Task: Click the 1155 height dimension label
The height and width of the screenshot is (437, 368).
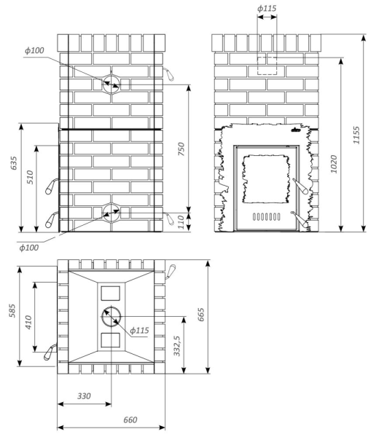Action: point(356,135)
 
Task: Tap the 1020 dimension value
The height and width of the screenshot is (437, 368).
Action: point(334,164)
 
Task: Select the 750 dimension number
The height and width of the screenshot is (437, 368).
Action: point(181,149)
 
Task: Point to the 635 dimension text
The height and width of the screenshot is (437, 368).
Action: point(14,163)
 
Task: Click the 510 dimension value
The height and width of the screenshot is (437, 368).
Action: point(30,177)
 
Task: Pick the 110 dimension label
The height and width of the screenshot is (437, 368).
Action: point(181,222)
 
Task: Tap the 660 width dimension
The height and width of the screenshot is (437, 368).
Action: point(130,420)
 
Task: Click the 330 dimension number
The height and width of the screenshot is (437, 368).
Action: point(84,395)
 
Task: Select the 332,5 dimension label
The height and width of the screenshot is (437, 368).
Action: point(177,345)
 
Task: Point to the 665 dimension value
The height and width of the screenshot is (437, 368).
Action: point(200,315)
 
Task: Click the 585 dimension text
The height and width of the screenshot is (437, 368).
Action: point(12,310)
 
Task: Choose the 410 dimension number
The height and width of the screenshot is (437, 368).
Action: point(28,322)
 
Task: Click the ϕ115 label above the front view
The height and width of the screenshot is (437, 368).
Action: point(267,8)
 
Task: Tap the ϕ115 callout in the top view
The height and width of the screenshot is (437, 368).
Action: point(139,331)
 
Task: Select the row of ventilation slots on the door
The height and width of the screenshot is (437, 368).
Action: point(267,216)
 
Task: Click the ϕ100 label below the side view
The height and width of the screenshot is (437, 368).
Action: point(28,248)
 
